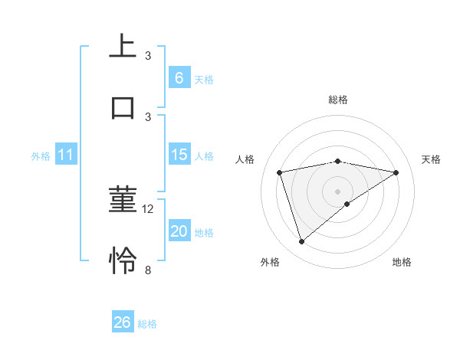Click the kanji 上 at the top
pos(123,45)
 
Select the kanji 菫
pos(123,200)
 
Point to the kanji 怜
pos(123,260)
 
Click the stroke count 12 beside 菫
pos(149,208)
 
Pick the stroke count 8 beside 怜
pos(148,270)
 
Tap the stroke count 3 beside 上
pos(148,55)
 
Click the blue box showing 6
pos(179,77)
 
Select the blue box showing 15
pos(179,155)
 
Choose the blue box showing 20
pos(179,231)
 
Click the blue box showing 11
pos(65,155)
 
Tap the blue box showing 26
pos(123,322)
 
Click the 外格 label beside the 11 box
pos(41,156)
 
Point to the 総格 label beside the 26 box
pos(147,324)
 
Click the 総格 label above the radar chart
pos(337,100)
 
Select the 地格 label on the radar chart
pos(402,262)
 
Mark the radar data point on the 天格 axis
pos(396,172)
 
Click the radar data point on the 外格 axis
pos(301,242)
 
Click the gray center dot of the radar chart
pos(337,191)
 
